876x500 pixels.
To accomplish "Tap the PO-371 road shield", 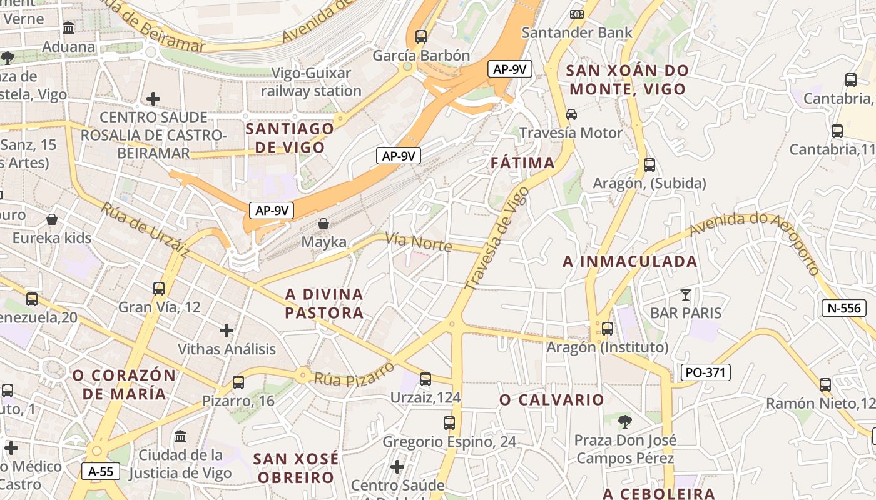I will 705,373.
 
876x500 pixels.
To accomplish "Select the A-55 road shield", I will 101,471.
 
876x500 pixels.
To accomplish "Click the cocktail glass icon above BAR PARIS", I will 686,294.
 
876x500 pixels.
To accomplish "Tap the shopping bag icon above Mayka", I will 323,223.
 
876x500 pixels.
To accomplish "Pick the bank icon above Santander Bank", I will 576,14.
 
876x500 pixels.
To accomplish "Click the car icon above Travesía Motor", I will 571,114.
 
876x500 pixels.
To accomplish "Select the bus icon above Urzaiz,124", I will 425,379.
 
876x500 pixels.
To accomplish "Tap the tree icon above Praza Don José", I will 624,421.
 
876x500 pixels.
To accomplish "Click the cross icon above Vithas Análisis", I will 227,330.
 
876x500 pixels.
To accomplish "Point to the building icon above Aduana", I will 68,28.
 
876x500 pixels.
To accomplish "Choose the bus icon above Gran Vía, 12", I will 159,288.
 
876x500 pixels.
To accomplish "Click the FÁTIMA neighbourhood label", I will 522,163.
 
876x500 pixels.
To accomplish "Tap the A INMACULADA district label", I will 629,262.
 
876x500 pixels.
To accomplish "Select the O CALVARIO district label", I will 552,400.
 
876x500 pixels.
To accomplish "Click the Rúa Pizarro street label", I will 354,374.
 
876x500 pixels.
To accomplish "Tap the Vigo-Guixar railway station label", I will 311,82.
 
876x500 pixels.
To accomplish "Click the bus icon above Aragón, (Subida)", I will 649,165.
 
